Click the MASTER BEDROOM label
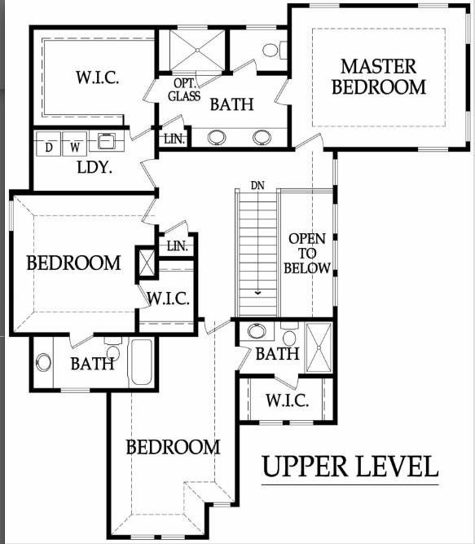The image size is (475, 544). (x=378, y=76)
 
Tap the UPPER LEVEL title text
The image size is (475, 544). (x=350, y=467)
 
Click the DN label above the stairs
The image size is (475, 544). (x=257, y=185)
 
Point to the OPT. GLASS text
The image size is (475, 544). (x=183, y=90)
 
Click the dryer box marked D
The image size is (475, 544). (x=49, y=148)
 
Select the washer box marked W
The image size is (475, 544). (x=74, y=148)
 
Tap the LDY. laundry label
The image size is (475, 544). (x=94, y=168)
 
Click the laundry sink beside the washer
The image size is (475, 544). (x=106, y=142)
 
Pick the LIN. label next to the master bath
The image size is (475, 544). (x=174, y=139)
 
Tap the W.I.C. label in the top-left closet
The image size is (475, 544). (x=97, y=78)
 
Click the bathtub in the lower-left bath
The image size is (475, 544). (x=141, y=362)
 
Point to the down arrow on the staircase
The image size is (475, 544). (x=257, y=289)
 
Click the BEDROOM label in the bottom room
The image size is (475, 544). (x=172, y=447)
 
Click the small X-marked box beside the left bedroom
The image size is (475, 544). (x=147, y=263)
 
